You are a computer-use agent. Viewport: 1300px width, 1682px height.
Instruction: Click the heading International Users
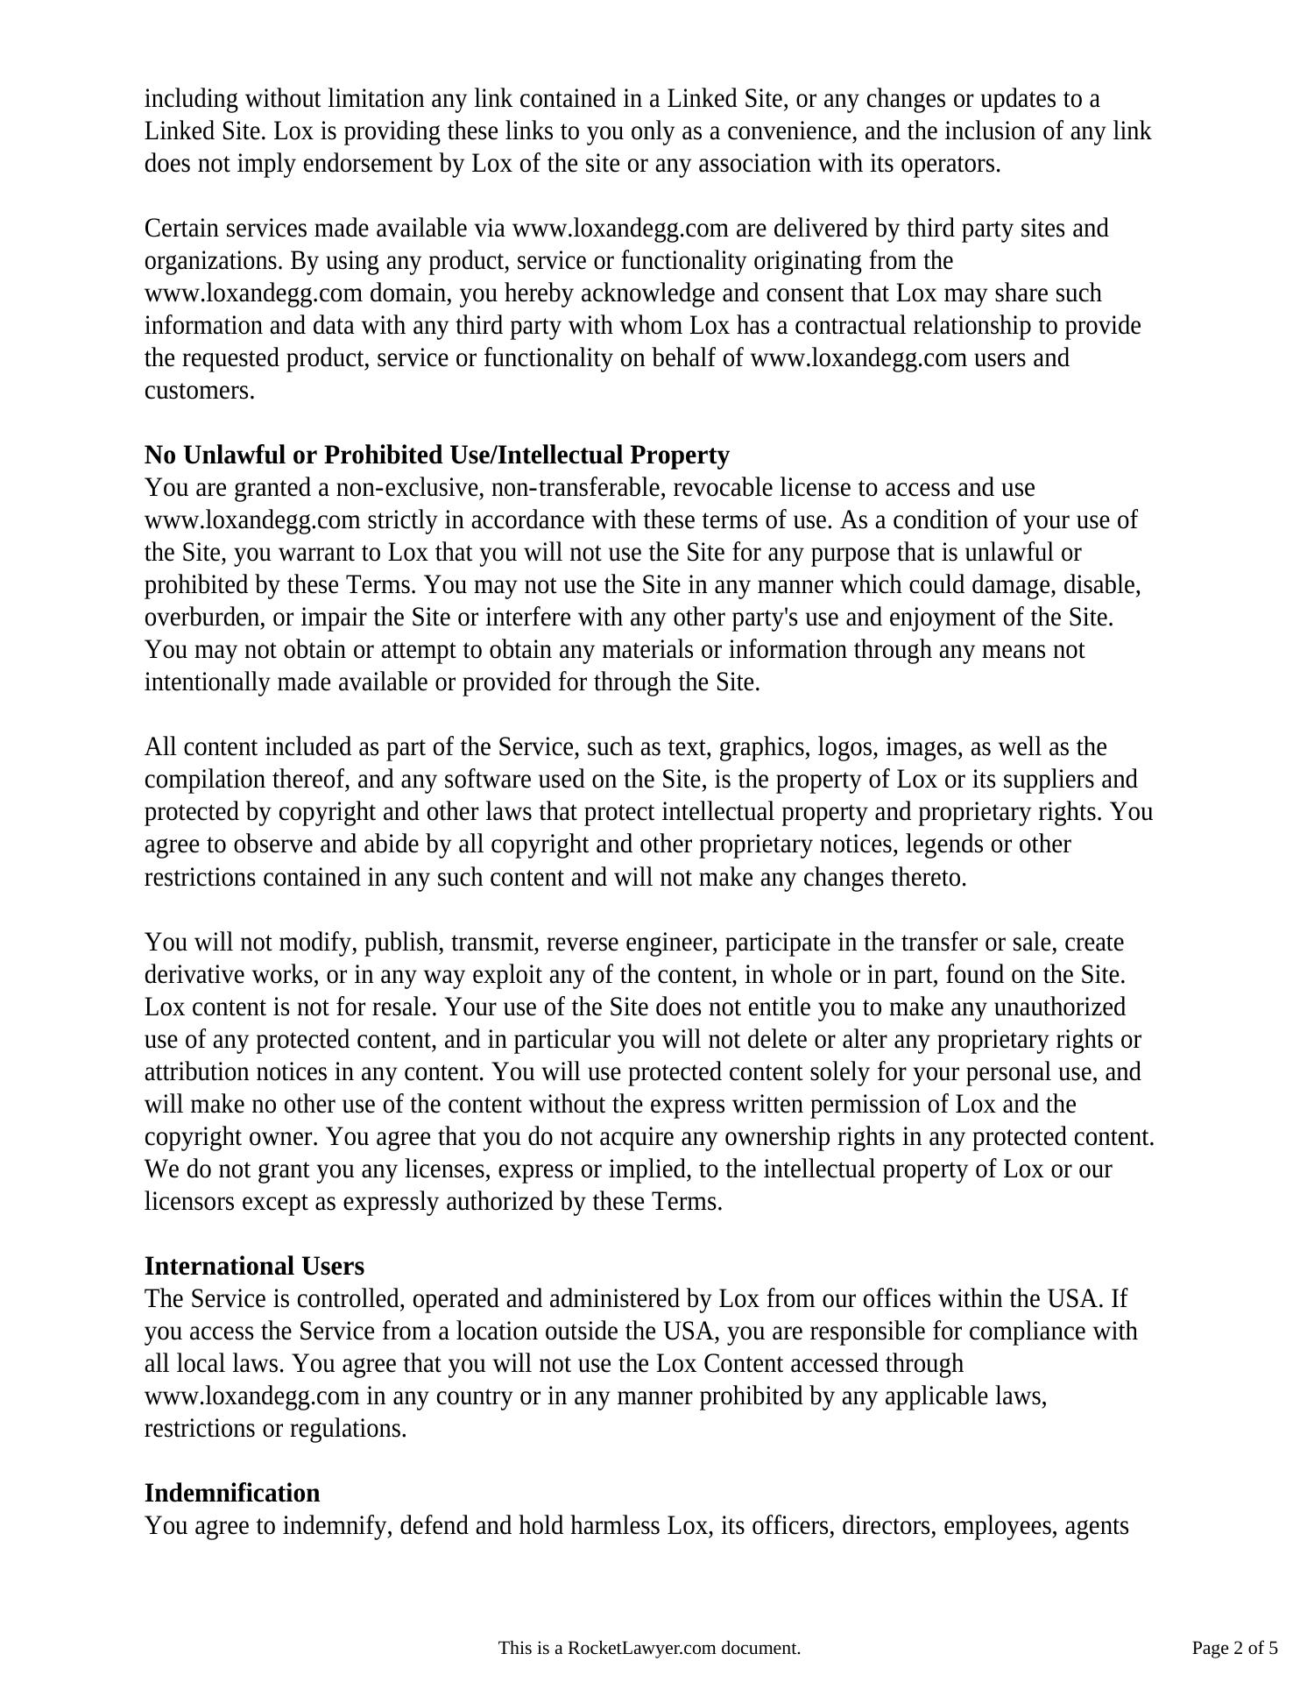tap(254, 1266)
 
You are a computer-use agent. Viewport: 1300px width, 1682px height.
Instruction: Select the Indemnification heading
tap(232, 1493)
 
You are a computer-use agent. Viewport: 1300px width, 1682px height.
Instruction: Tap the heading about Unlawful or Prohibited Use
tap(436, 456)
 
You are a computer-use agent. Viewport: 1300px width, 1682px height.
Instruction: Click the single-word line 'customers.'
tap(200, 391)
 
